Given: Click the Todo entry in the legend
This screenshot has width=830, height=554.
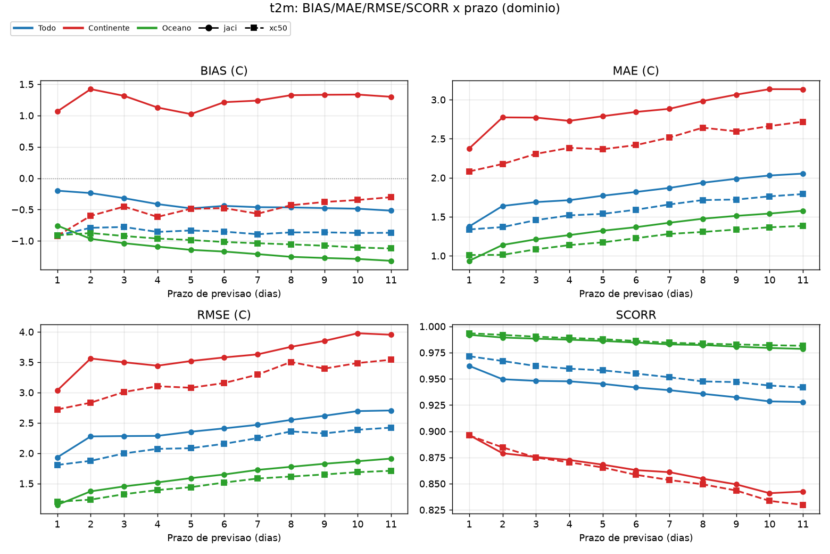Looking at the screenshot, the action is tap(34, 28).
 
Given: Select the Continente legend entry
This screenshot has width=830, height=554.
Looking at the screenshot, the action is tap(96, 28).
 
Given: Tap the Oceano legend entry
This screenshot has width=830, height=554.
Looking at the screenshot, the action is tap(164, 28).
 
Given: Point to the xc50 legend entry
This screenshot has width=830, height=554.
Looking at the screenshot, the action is tap(266, 28).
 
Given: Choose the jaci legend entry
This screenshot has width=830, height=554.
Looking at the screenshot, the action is tap(218, 28).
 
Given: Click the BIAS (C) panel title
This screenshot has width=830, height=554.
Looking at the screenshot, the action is tap(224, 70).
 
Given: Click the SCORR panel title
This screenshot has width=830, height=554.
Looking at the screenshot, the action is tap(636, 315).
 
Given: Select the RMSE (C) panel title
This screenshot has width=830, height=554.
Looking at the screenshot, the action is tap(224, 315).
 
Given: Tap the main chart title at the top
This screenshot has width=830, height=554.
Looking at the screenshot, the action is tap(414, 8).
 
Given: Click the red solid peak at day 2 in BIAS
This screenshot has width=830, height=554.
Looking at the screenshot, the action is tap(90, 89).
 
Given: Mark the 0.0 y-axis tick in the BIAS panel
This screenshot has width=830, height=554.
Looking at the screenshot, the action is tap(26, 178).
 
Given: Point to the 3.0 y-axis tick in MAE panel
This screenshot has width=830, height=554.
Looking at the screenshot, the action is tap(438, 100).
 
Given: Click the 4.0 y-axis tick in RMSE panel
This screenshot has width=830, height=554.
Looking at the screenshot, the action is tap(26, 332).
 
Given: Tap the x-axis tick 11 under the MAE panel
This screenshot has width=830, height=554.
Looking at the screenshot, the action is tap(802, 280).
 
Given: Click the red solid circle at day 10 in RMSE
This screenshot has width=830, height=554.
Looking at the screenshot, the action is tap(358, 333).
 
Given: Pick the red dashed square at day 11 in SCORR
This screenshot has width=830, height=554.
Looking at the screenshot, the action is tap(803, 505).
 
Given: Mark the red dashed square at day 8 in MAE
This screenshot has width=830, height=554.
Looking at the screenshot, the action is tap(703, 128).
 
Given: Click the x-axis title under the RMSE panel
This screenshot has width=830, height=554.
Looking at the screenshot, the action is tap(224, 537).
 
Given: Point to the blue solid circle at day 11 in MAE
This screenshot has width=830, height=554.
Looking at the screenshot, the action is tap(803, 174).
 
